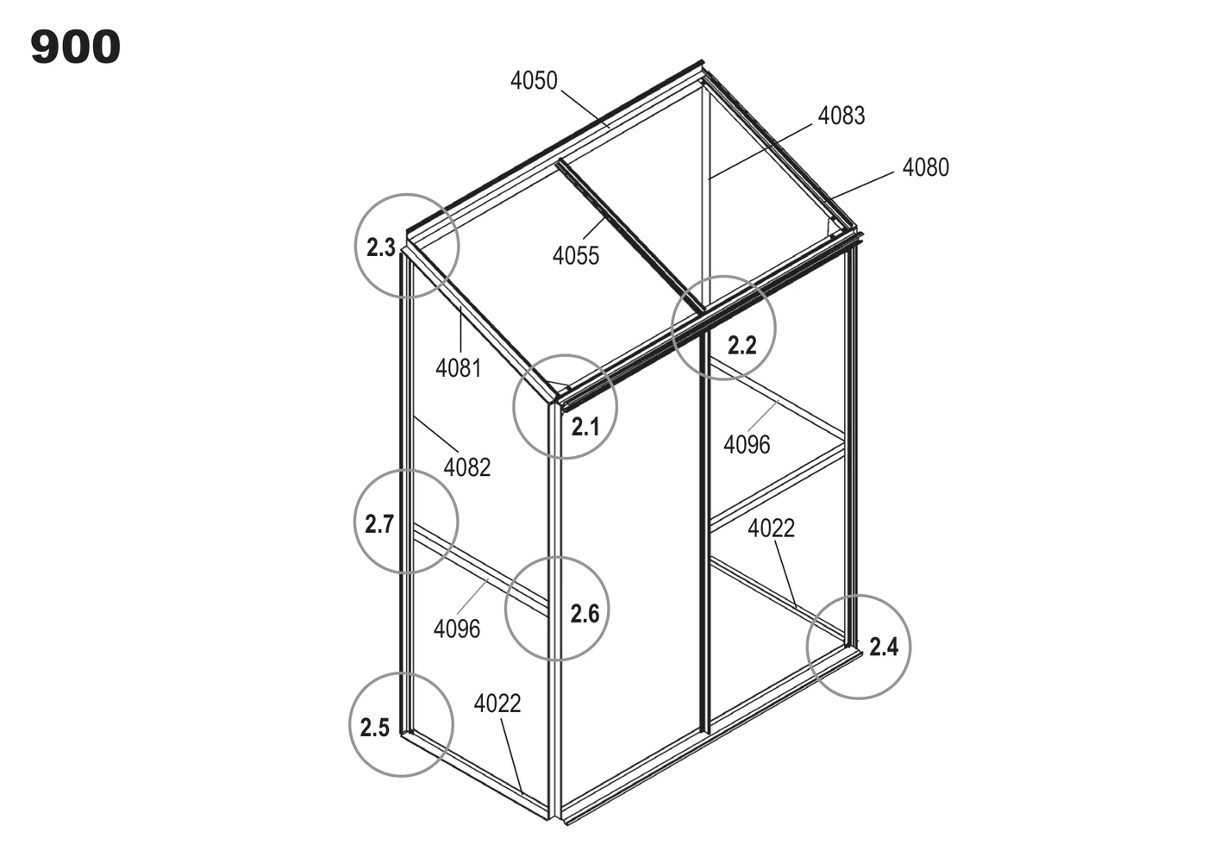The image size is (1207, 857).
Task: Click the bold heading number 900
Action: pos(76,47)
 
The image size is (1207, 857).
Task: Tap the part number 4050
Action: pos(534,81)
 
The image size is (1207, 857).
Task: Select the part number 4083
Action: pos(841,116)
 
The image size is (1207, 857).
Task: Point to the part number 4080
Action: pos(925,167)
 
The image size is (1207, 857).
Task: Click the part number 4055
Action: pos(576,255)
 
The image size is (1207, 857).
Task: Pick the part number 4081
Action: pos(459,369)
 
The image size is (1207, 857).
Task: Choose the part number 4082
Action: pos(466,467)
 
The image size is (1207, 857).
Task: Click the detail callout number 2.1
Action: pos(585,427)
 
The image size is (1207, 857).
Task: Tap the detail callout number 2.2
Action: pos(742,346)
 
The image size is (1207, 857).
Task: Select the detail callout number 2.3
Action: pos(381,248)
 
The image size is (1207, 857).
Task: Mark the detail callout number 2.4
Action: pos(884,647)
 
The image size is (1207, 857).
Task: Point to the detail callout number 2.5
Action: pos(374,728)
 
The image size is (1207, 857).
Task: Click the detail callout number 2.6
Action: pos(585,614)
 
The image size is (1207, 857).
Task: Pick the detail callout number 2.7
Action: pos(379,524)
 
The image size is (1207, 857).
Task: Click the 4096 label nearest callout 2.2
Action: pos(747,445)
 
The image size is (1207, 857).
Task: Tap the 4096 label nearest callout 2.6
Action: pos(456,629)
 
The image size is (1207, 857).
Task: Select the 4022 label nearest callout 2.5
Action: pos(497,704)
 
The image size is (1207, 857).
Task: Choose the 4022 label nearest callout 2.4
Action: pos(771,529)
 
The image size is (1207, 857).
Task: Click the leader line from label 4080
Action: pos(861,186)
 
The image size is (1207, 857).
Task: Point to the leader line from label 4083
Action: pos(760,152)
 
